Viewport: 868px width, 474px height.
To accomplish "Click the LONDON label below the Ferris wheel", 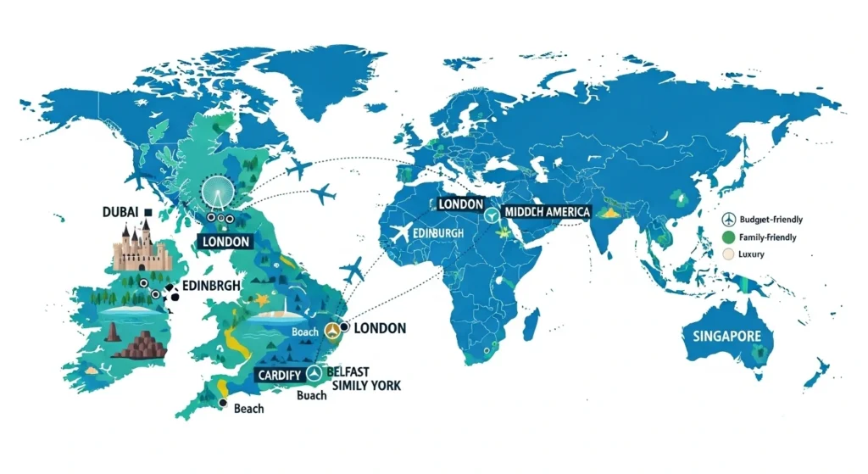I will click(225, 242).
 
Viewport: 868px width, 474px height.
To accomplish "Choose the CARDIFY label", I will click(281, 374).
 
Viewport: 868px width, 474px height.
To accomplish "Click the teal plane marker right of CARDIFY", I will click(314, 373).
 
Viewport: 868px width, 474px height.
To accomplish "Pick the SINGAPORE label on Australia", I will click(727, 337).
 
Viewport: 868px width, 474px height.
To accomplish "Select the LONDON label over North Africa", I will click(461, 205).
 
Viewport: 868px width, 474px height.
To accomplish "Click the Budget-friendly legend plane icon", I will click(728, 219).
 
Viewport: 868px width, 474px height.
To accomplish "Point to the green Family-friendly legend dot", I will click(728, 237).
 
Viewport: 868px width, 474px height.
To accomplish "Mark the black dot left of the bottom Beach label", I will click(222, 404).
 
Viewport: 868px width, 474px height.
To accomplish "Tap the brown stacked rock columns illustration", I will click(143, 345).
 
